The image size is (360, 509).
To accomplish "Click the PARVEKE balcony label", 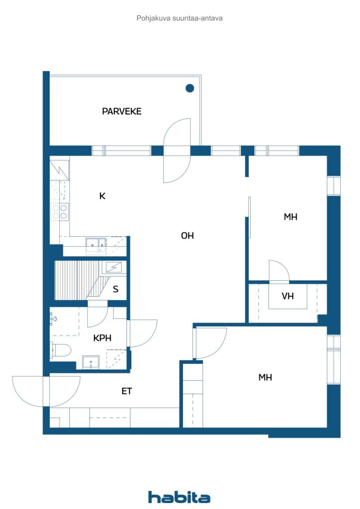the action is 122,111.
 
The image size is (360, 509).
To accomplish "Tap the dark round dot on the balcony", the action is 190,88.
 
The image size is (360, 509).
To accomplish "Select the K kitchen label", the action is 102,196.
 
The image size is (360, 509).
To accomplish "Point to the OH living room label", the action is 187,235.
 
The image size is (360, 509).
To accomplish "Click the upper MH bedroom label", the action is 290,217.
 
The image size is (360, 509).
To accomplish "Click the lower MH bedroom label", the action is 265,377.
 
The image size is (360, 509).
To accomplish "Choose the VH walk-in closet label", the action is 287,296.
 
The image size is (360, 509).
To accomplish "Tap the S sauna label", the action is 115,289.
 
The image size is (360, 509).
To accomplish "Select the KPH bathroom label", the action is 102,338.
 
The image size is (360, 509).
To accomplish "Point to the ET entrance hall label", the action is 127,391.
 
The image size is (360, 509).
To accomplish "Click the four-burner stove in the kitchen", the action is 60,212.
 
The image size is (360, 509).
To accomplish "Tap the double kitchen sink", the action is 96,244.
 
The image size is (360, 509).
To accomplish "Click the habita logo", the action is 179,497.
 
